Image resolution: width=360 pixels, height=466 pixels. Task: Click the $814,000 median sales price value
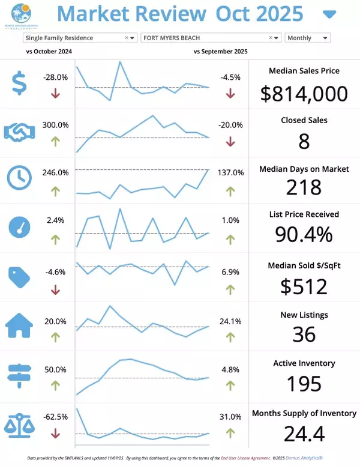(304, 93)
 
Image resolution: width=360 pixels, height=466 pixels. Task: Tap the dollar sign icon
(19, 83)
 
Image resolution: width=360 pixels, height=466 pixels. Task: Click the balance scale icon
(19, 423)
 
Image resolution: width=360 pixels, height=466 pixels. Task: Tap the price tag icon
(19, 276)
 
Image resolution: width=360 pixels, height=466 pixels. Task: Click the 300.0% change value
(55, 125)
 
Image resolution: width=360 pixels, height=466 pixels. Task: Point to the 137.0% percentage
(230, 172)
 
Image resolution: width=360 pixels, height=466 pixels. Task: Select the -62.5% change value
(55, 416)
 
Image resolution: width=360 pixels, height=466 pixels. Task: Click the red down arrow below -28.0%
(55, 93)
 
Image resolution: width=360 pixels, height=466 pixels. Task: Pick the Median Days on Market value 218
(304, 188)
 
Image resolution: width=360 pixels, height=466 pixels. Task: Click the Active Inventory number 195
(304, 383)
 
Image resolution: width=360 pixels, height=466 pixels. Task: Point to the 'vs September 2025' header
(221, 52)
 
